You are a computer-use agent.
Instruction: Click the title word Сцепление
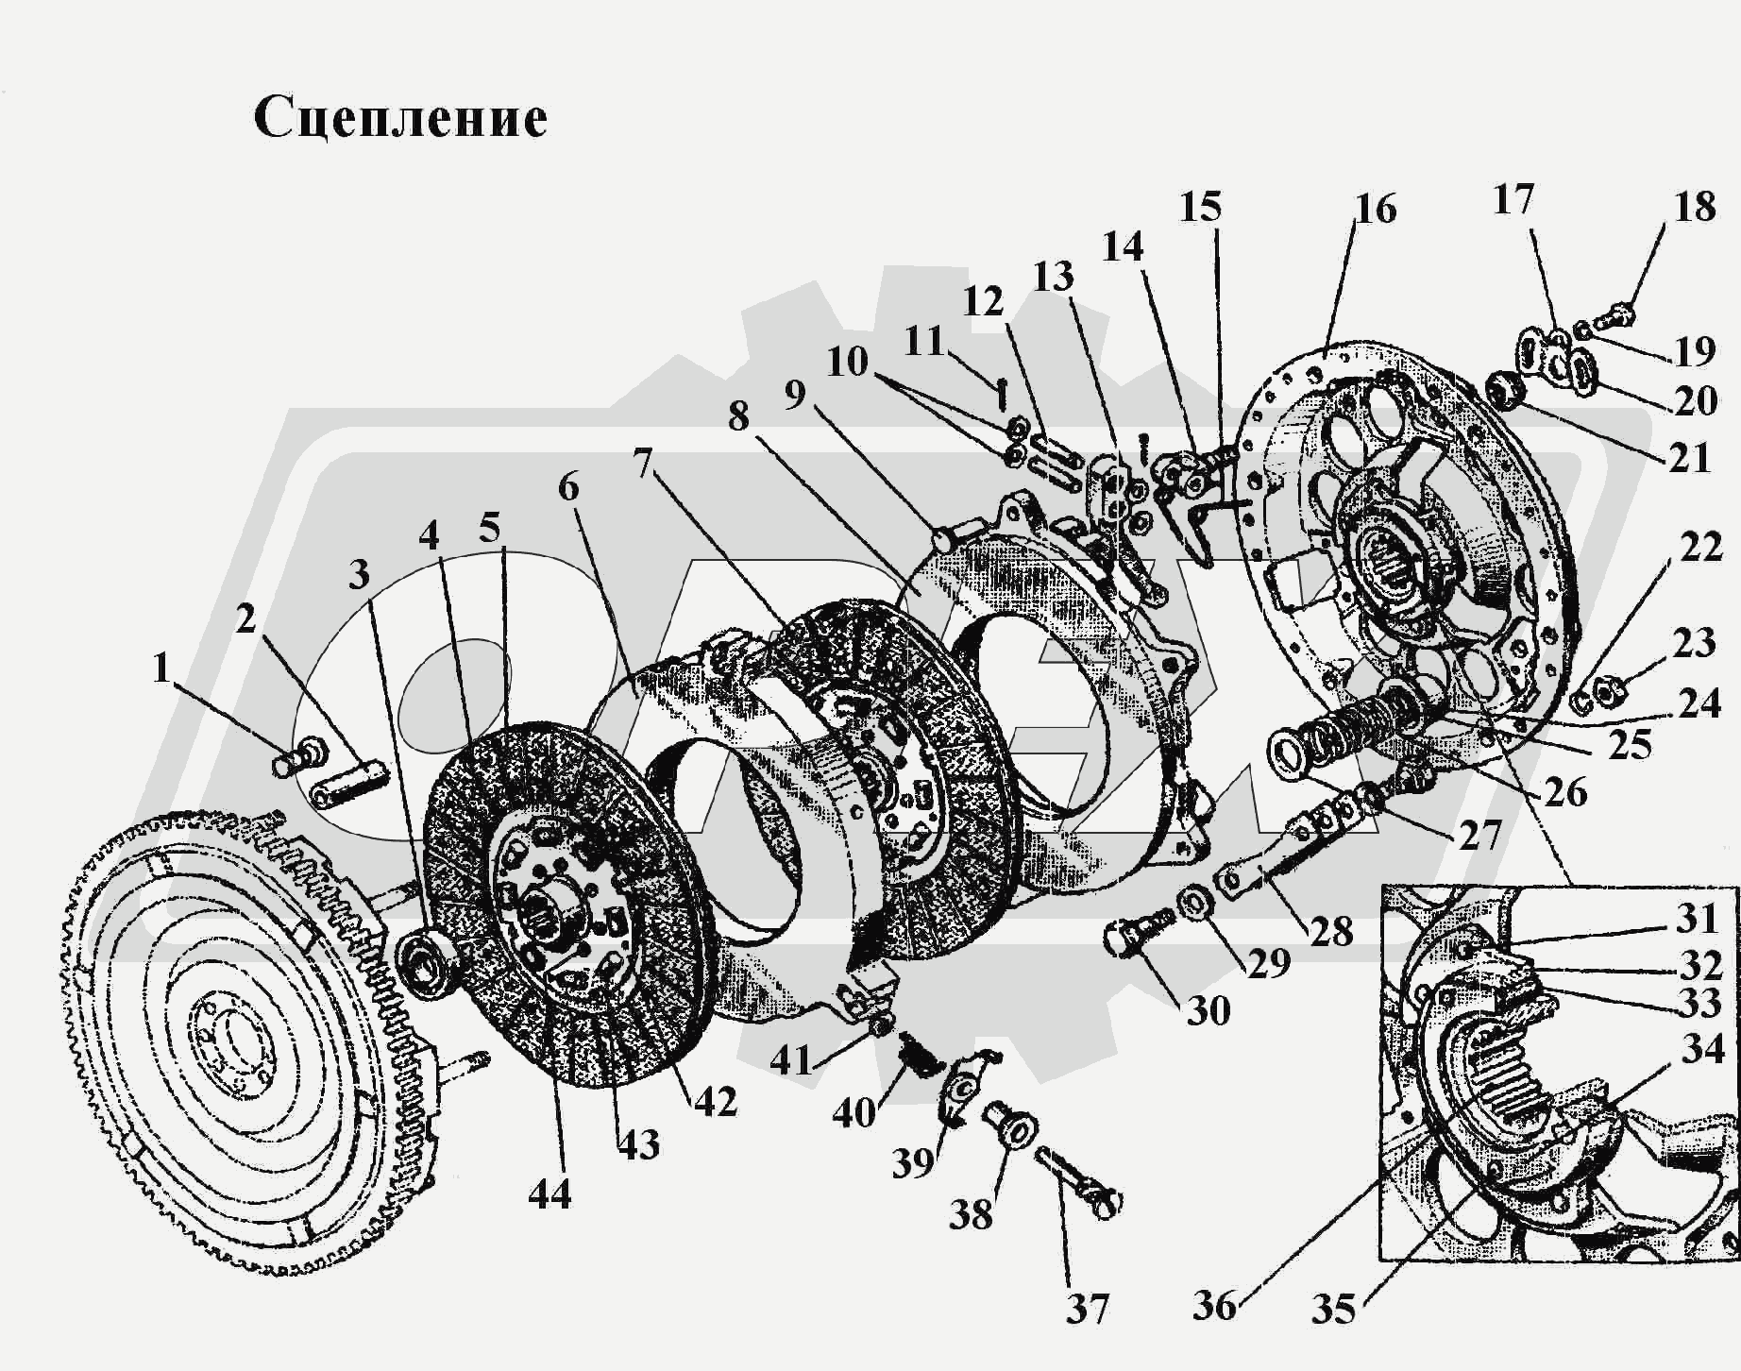(400, 119)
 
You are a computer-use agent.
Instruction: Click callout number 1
(161, 669)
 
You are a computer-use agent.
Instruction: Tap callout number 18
(1695, 207)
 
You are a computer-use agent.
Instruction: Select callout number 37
(1087, 1310)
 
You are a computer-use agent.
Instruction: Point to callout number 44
(549, 1193)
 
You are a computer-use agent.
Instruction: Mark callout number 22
(1701, 547)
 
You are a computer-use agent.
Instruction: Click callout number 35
(1333, 1310)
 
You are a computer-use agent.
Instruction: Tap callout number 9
(795, 395)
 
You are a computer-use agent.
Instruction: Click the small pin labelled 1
(297, 756)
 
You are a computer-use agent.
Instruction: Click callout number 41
(791, 1060)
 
